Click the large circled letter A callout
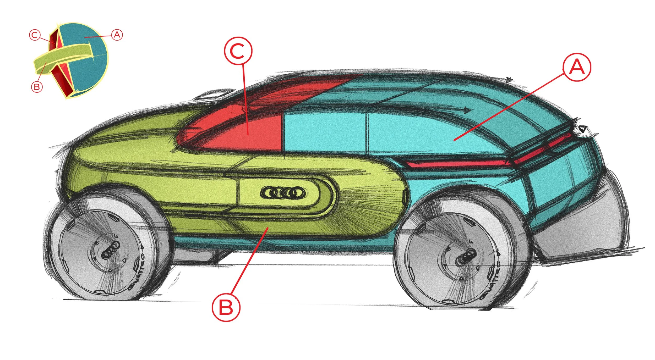577,67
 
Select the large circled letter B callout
226,307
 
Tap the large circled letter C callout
238,51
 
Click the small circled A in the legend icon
117,35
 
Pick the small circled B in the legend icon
37,86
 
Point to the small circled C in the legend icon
35,35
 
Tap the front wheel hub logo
111,250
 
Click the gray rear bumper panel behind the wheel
584,230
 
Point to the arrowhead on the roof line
467,110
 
